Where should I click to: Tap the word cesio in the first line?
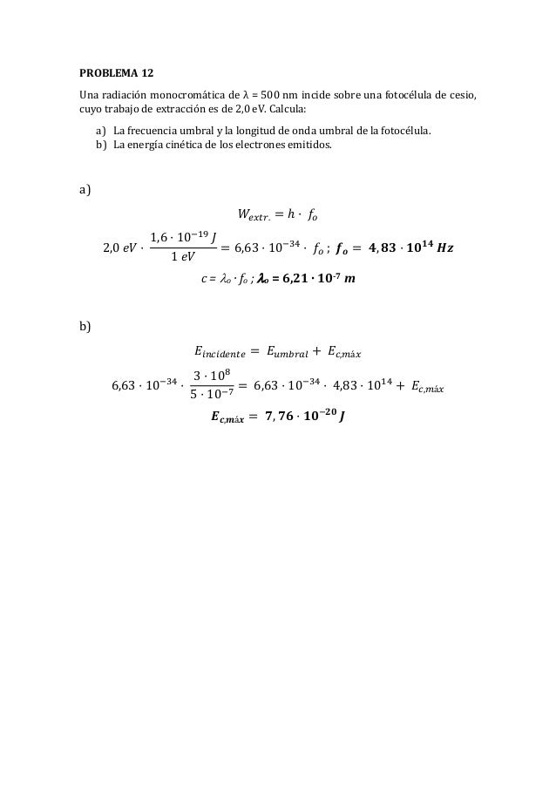pyautogui.click(x=464, y=94)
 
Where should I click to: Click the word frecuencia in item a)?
pyautogui.click(x=142, y=131)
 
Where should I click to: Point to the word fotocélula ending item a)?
pyautogui.click(x=406, y=131)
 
